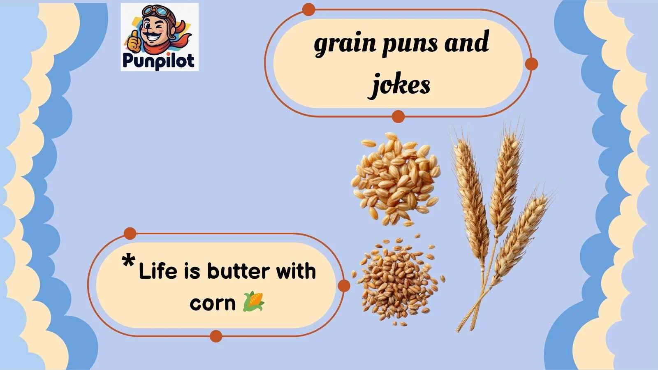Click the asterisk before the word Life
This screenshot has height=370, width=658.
pyautogui.click(x=129, y=261)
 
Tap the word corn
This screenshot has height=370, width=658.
pyautogui.click(x=212, y=303)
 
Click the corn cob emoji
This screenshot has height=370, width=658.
pyautogui.click(x=254, y=301)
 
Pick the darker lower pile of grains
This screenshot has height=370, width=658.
pyautogui.click(x=397, y=279)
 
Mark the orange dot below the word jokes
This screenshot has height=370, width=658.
pyautogui.click(x=398, y=116)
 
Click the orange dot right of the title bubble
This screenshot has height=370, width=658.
pyautogui.click(x=532, y=64)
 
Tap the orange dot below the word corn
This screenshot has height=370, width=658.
pyautogui.click(x=215, y=336)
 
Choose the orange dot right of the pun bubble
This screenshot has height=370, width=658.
pyautogui.click(x=344, y=286)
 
